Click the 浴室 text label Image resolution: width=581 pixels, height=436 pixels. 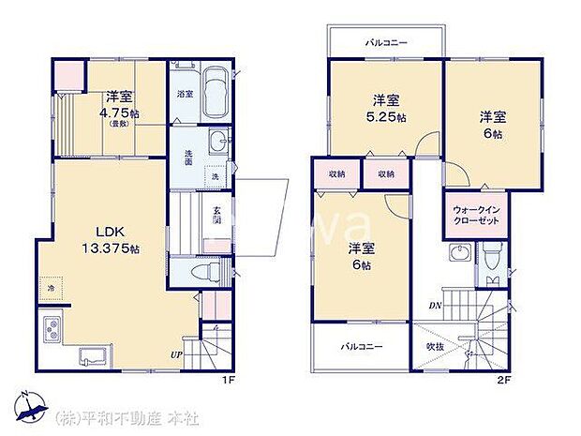click(185, 95)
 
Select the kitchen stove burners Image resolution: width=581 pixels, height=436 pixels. click(51, 331)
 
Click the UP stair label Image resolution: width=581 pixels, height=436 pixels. click(175, 353)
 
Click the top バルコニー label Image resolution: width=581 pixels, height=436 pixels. click(384, 43)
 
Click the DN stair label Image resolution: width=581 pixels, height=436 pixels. click(436, 305)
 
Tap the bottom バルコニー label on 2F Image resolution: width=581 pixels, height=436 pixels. click(362, 346)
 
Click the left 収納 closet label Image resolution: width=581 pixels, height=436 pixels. click(337, 174)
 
